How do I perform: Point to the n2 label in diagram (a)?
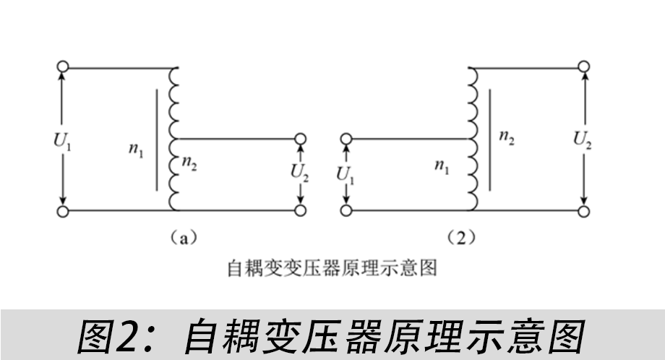(189, 163)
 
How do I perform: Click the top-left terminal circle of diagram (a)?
(63, 67)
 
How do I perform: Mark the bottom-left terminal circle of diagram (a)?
(63, 211)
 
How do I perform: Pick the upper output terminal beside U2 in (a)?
(300, 139)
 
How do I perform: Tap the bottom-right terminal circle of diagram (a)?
(300, 210)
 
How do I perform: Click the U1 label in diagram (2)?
(345, 175)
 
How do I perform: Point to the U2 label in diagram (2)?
(583, 139)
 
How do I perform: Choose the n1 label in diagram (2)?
(442, 165)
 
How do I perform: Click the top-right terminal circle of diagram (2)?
(583, 67)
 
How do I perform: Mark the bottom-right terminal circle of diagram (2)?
(583, 210)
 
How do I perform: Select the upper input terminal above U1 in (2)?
(346, 139)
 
